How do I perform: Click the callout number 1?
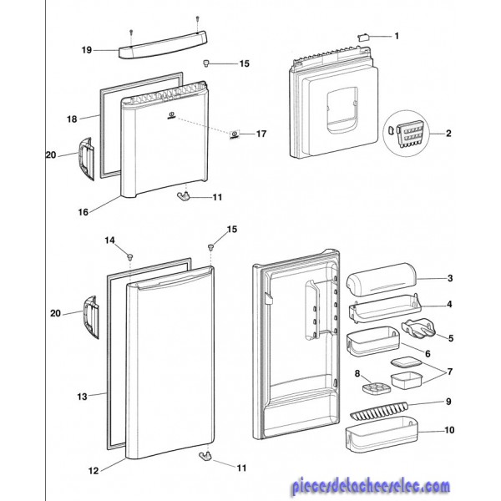[x=397, y=36]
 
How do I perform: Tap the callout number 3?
[x=448, y=278]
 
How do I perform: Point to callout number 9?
[x=448, y=402]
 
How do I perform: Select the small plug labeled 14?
[x=131, y=255]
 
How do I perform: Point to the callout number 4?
[x=448, y=305]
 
